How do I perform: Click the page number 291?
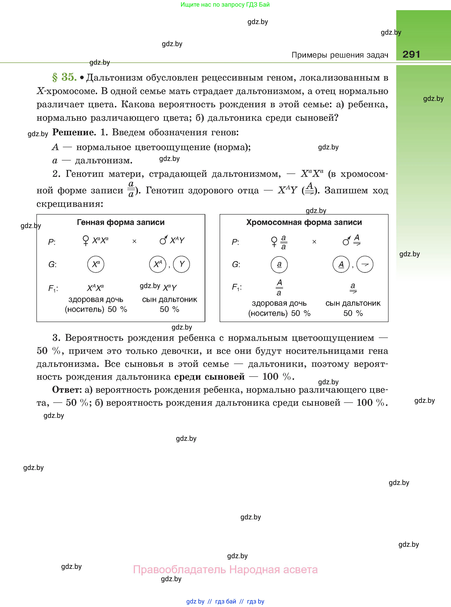point(411,54)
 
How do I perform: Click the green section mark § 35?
point(64,77)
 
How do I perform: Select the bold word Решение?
point(74,132)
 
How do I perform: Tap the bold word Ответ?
point(67,390)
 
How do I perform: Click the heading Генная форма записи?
point(121,222)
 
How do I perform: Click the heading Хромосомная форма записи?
point(304,222)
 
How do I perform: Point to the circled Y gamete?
point(181,264)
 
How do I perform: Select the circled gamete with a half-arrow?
point(365,264)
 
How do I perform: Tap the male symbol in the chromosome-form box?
point(346,241)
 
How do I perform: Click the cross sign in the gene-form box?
point(134,241)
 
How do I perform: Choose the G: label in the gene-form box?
point(52,264)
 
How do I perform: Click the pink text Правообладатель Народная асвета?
point(225,570)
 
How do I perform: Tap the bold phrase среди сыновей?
point(209,377)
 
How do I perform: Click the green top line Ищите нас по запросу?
point(225,5)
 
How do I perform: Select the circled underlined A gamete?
point(341,264)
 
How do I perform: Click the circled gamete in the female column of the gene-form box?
point(96,264)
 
